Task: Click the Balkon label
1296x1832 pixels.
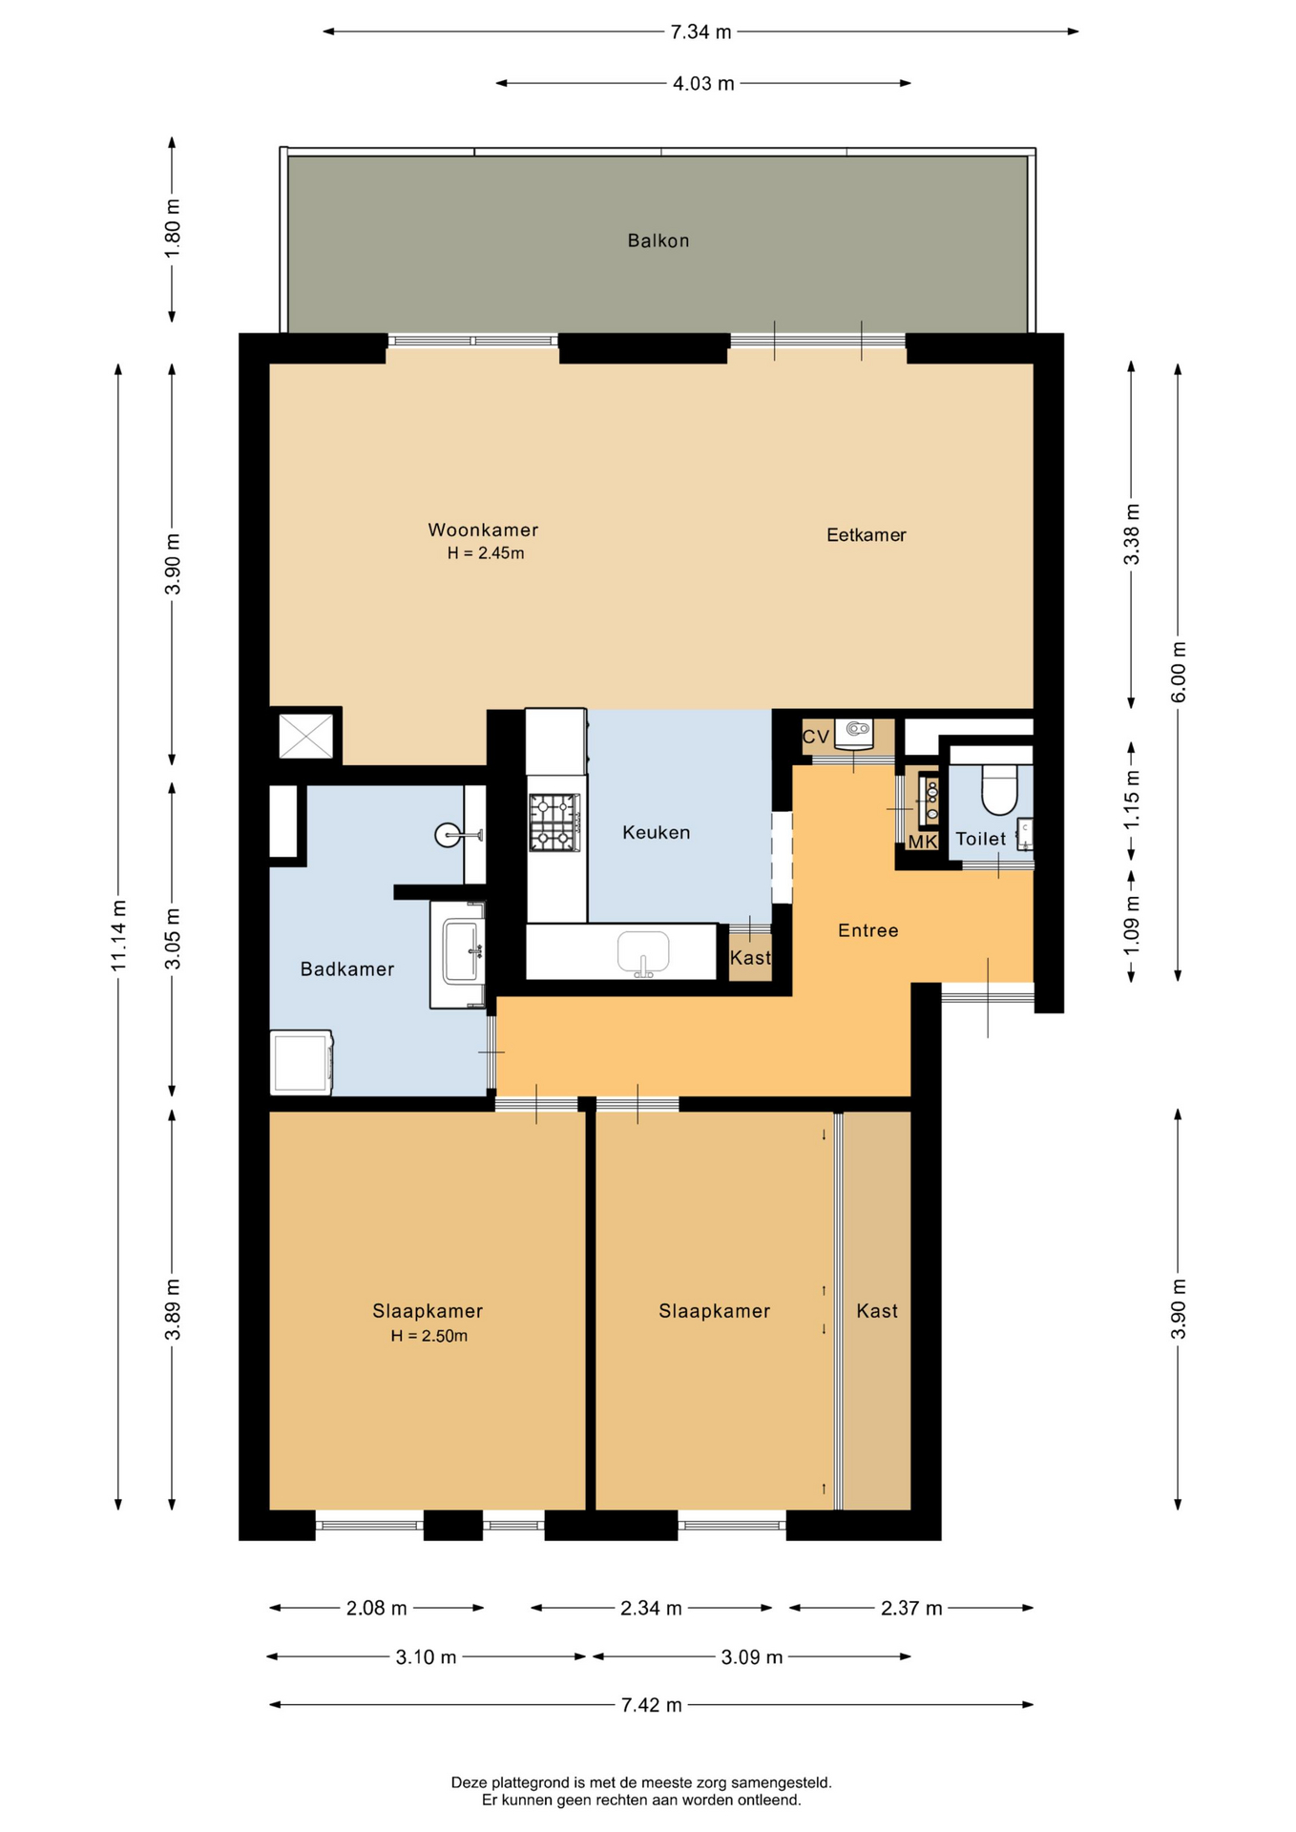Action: [658, 240]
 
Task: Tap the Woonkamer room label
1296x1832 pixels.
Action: [483, 530]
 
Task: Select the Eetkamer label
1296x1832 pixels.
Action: [866, 535]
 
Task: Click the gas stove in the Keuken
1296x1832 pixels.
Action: [554, 822]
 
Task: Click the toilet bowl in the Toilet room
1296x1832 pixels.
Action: [999, 789]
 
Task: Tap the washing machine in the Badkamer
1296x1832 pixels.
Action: [302, 1062]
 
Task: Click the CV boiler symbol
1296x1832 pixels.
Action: [854, 733]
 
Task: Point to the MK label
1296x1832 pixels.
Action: [922, 842]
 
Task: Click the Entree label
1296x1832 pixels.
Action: [867, 930]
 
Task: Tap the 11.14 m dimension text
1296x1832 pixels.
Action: [118, 936]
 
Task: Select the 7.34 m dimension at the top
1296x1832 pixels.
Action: [700, 32]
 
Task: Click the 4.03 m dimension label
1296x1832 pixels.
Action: [703, 84]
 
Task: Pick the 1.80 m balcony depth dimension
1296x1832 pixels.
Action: [172, 228]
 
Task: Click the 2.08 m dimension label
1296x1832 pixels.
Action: [376, 1609]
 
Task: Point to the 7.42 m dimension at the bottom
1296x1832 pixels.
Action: [651, 1705]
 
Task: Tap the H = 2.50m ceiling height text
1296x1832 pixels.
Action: [429, 1336]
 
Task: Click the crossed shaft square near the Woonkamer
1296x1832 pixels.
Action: [305, 736]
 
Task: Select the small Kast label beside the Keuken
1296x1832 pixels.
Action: [750, 957]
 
